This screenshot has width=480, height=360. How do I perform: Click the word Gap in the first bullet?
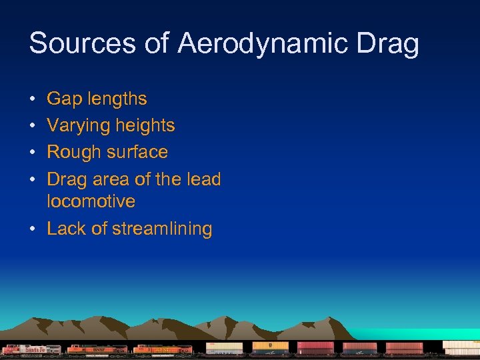[x=63, y=99]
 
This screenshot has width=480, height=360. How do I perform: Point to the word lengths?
[x=116, y=99]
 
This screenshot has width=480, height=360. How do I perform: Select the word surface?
[x=137, y=153]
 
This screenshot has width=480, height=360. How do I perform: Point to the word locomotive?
[x=91, y=201]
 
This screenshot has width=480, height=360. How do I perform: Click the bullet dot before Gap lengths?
[x=33, y=100]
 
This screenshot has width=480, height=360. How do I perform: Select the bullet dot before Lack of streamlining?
[x=33, y=229]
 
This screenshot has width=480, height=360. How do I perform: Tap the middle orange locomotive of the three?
[x=97, y=349]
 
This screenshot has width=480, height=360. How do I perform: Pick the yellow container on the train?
[x=271, y=346]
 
